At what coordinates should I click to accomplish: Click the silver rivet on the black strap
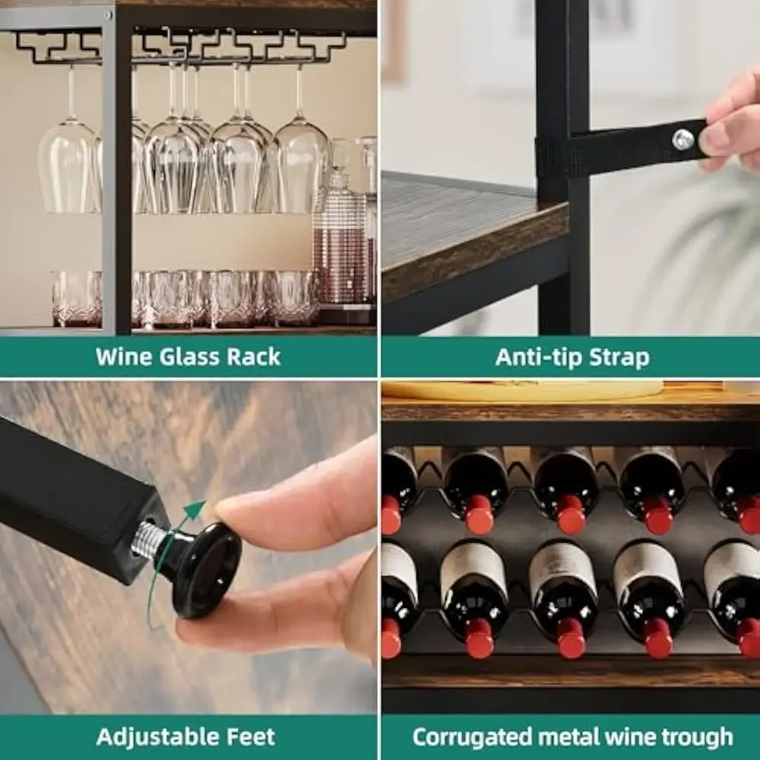point(682,138)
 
